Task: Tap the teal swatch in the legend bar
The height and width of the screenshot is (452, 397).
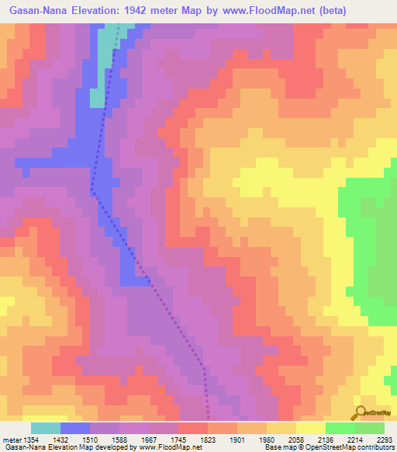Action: [x=46, y=428]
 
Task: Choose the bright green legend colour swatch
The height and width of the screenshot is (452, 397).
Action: [x=340, y=428]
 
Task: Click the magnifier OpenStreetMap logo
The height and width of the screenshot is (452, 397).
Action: [x=361, y=412]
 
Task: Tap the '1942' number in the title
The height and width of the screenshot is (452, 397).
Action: [x=136, y=10]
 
